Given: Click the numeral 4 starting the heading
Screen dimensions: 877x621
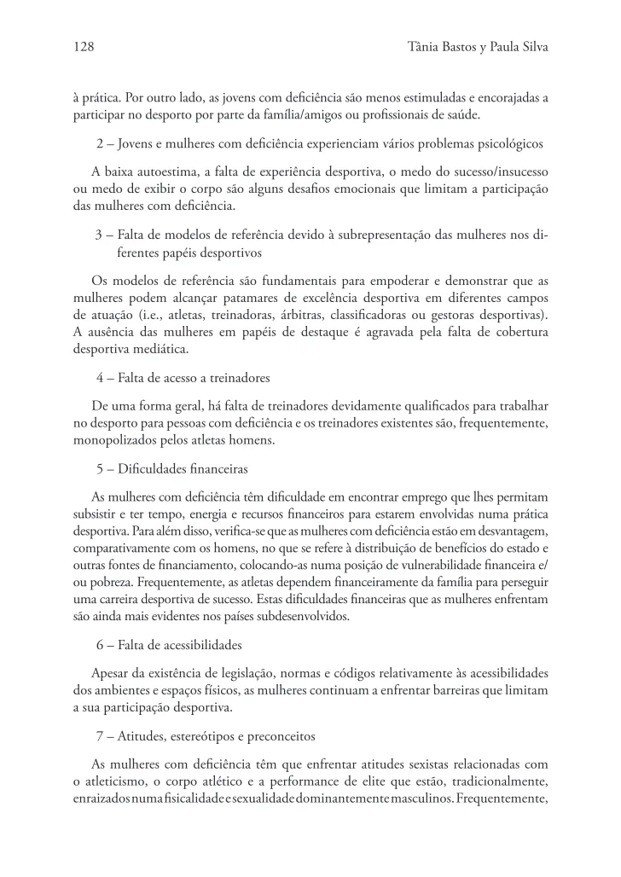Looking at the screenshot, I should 100,377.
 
